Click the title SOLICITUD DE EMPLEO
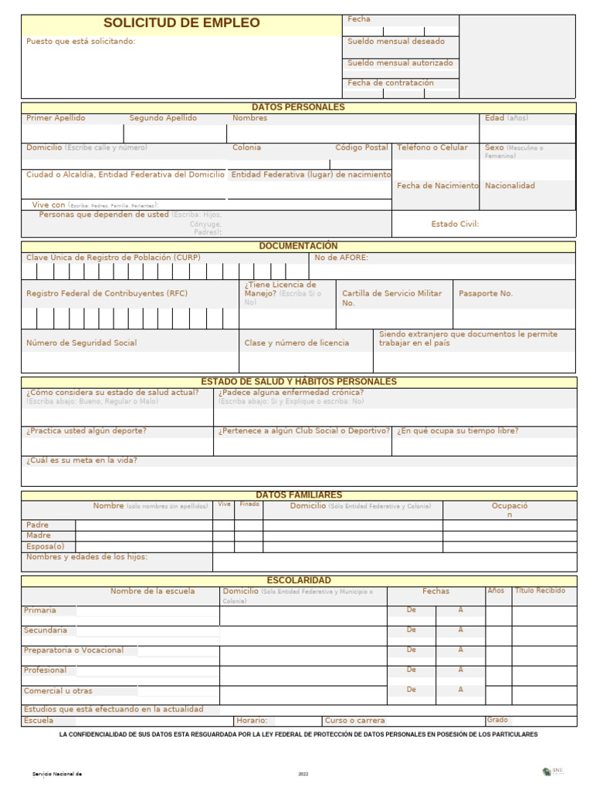(x=181, y=23)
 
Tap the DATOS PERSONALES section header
(x=298, y=107)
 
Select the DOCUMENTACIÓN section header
(x=298, y=246)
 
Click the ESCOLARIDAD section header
(x=298, y=580)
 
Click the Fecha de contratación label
(x=391, y=83)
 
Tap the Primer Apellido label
(x=56, y=118)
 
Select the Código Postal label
(x=361, y=147)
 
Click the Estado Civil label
(x=455, y=224)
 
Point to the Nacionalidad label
(x=510, y=186)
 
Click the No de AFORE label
(x=341, y=258)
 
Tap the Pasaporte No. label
(x=486, y=294)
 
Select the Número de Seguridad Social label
(x=81, y=343)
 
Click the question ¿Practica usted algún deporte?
(x=86, y=430)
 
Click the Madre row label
(x=39, y=535)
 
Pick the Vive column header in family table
(x=224, y=504)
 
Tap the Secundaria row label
(x=46, y=630)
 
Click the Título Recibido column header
(x=540, y=591)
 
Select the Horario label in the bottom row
(x=252, y=720)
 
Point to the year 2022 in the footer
(x=303, y=773)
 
